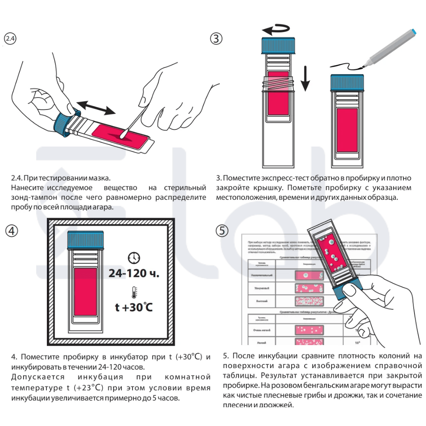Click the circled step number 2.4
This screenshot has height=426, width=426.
click(x=10, y=39)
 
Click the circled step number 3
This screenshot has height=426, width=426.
click(x=216, y=38)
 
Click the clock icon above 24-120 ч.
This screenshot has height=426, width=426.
click(x=134, y=258)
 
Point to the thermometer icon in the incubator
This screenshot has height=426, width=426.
click(x=134, y=293)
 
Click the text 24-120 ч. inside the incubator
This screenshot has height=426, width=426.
click(x=134, y=273)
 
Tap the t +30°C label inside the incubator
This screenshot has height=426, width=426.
click(x=134, y=307)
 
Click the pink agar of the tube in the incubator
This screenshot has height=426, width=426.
click(x=86, y=292)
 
